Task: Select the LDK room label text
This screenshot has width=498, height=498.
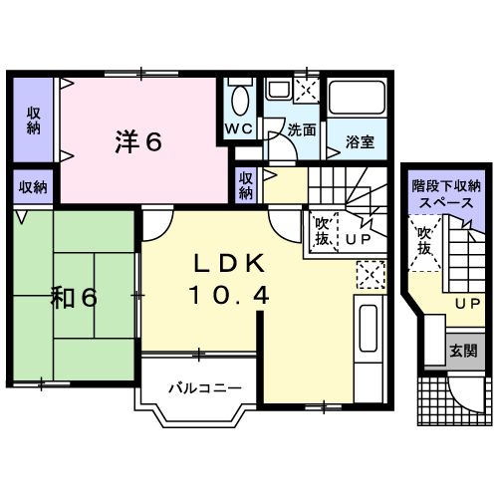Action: tap(228, 264)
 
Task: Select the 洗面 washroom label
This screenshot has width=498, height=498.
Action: tap(301, 129)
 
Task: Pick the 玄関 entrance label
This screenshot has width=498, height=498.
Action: tap(461, 351)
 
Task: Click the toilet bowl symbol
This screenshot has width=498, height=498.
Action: tap(239, 100)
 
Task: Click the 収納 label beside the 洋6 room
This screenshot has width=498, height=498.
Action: tap(34, 119)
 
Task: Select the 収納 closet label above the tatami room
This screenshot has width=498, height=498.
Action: tap(33, 186)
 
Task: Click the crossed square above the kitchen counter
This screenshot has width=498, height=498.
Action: tap(370, 272)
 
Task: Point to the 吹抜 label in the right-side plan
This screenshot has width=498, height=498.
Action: tap(424, 240)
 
